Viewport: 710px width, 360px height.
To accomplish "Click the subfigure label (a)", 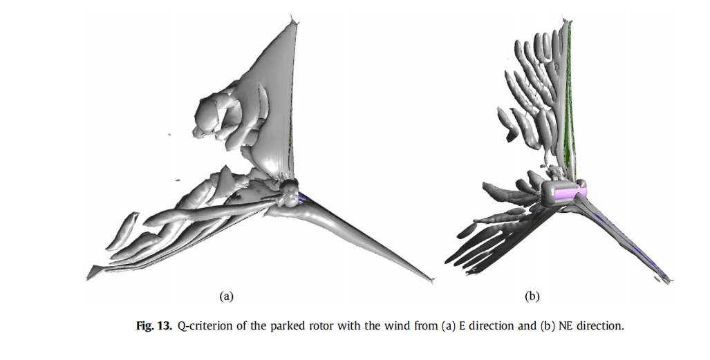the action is point(225,296).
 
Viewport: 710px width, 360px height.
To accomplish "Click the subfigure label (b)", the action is point(532,296).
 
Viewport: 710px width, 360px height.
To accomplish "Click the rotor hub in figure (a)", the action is point(288,188).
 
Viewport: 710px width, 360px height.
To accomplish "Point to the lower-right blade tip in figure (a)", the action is point(432,280).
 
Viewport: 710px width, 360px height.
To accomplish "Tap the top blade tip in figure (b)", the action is point(570,21).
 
